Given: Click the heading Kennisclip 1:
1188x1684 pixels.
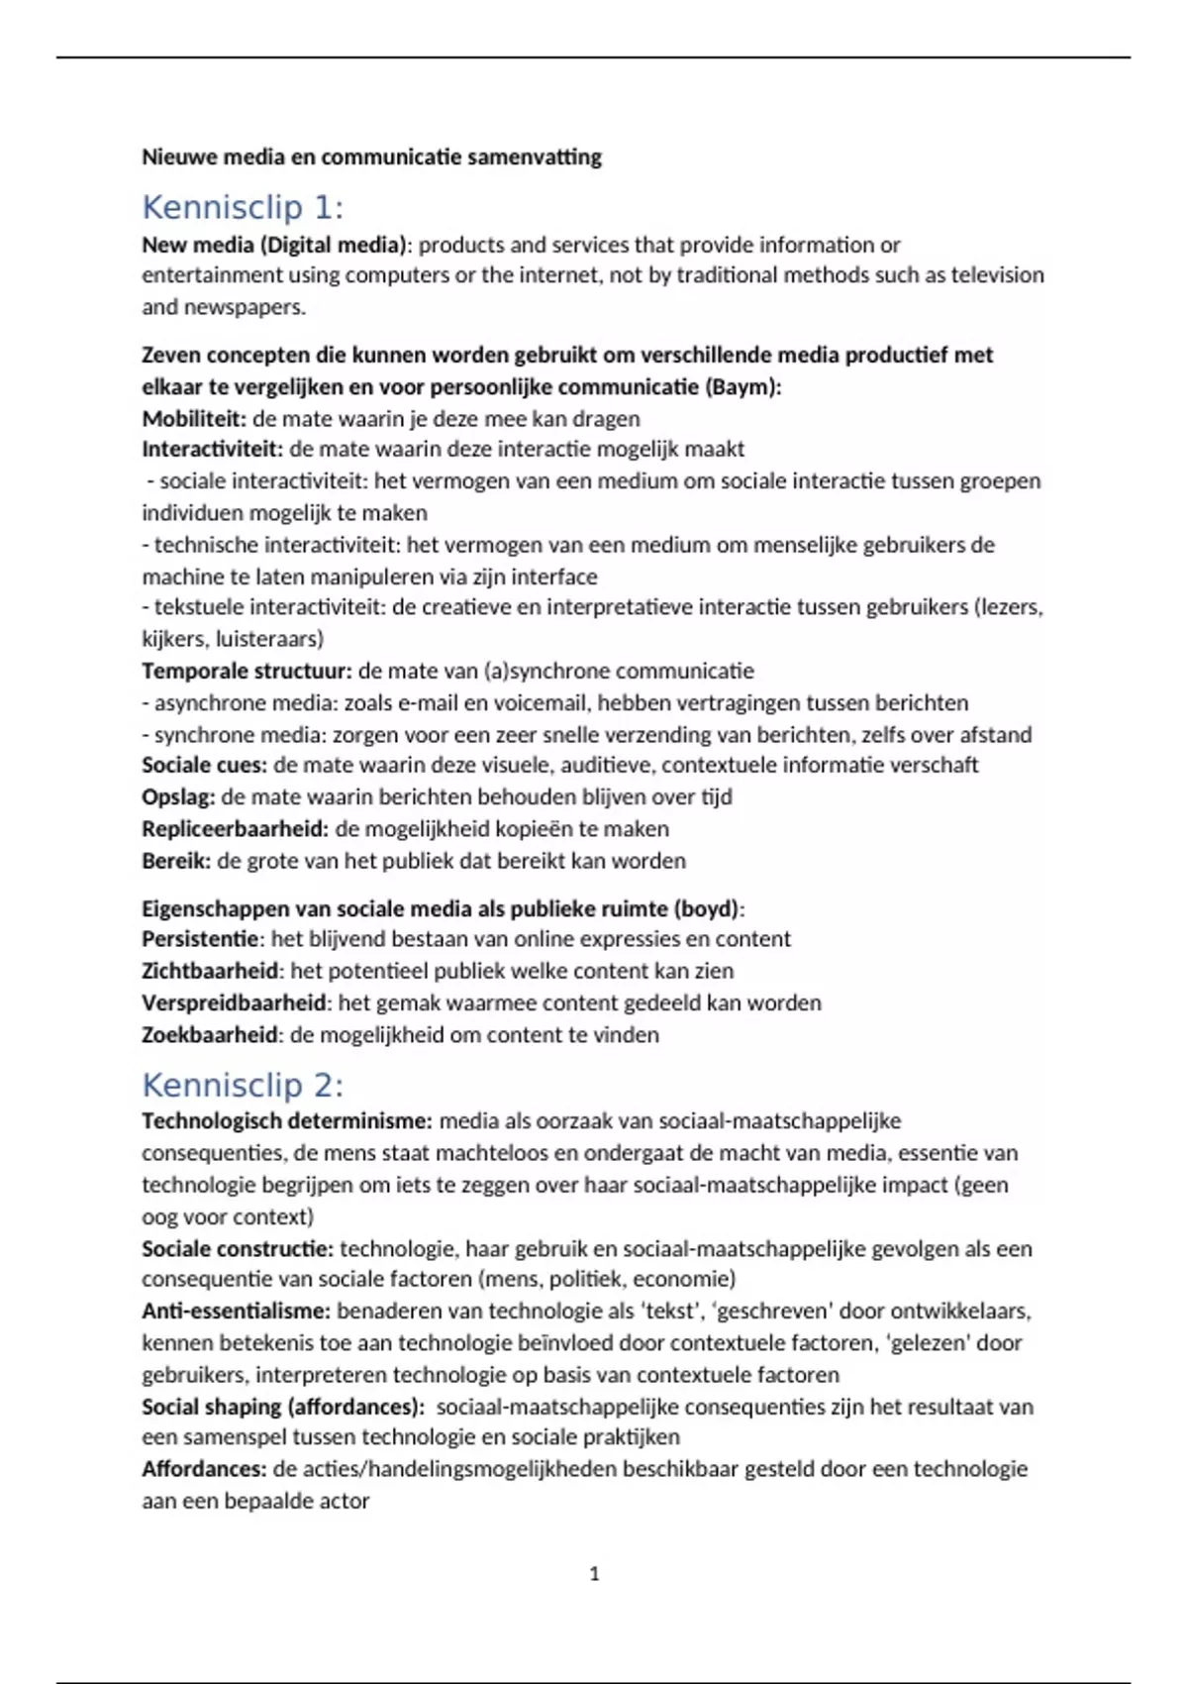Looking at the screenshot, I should pyautogui.click(x=243, y=208).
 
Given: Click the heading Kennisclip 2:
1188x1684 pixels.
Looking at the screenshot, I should pyautogui.click(x=243, y=1086).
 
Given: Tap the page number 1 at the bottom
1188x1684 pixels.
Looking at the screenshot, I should pyautogui.click(x=594, y=1574).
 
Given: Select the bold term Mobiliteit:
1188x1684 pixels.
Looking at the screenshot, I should pyautogui.click(x=194, y=418).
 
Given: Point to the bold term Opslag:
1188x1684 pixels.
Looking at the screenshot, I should pyautogui.click(x=178, y=797).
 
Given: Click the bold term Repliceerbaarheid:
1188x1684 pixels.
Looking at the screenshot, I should pyautogui.click(x=235, y=829).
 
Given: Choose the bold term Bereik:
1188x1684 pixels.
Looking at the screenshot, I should pyautogui.click(x=176, y=861).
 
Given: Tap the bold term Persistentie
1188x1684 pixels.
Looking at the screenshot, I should pyautogui.click(x=200, y=939).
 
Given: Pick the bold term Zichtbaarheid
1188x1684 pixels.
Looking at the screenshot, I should pyautogui.click(x=210, y=971).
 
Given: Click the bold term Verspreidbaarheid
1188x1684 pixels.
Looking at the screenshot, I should pyautogui.click(x=234, y=1002).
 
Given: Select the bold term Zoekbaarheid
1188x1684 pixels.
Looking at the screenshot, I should pyautogui.click(x=210, y=1035).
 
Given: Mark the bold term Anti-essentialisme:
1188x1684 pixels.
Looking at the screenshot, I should pyautogui.click(x=236, y=1312).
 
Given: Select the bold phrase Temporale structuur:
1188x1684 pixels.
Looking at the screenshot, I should pyautogui.click(x=247, y=671).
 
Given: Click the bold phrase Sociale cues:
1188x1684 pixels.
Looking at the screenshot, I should pyautogui.click(x=204, y=765).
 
